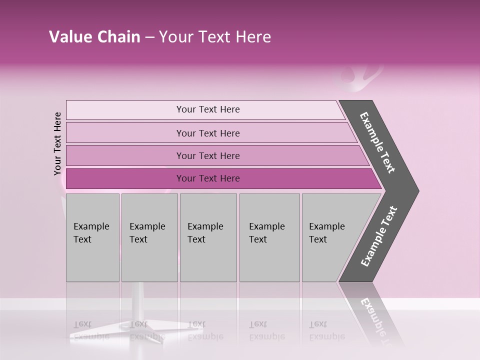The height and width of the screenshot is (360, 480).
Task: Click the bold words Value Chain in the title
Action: (x=94, y=37)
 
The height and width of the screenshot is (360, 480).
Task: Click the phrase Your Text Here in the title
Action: (x=215, y=37)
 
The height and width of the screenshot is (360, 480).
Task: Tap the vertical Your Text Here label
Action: (x=57, y=143)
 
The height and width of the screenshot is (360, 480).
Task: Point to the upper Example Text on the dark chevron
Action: (x=377, y=142)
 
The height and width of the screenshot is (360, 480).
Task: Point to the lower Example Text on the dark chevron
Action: (x=378, y=236)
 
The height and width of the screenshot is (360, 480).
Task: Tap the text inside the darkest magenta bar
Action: (x=208, y=178)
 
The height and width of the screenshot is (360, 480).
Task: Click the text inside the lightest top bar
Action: (x=208, y=109)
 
